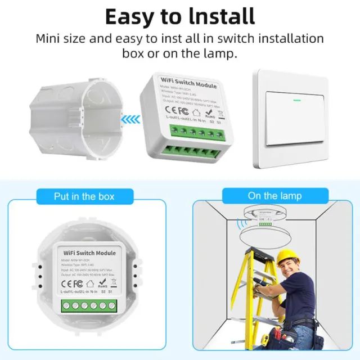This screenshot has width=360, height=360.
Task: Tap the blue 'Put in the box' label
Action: (x=84, y=196)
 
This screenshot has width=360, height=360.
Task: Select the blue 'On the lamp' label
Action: (x=274, y=196)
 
